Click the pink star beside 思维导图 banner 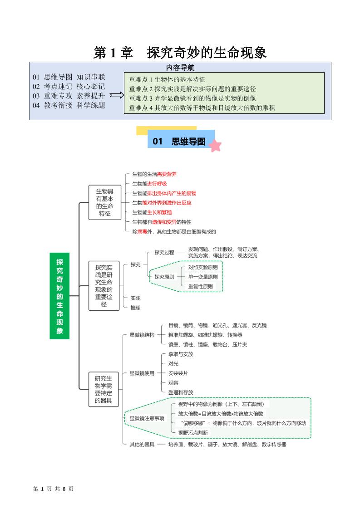[215, 146]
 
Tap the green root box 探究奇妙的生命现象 [59, 296]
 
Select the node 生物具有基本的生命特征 [105, 202]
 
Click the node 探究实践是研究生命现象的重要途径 [104, 286]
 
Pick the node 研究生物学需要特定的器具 [104, 390]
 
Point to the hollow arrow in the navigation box [117, 95]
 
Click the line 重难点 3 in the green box [192, 98]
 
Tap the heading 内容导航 [180, 68]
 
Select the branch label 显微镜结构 [142, 335]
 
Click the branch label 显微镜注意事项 [147, 418]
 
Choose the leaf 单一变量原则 [202, 277]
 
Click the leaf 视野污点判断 [193, 433]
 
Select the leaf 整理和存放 [181, 392]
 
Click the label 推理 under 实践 [135, 308]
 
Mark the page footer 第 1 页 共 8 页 [54, 489]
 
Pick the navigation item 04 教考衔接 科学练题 [69, 105]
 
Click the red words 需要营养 [167, 174]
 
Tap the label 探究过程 [164, 252]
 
